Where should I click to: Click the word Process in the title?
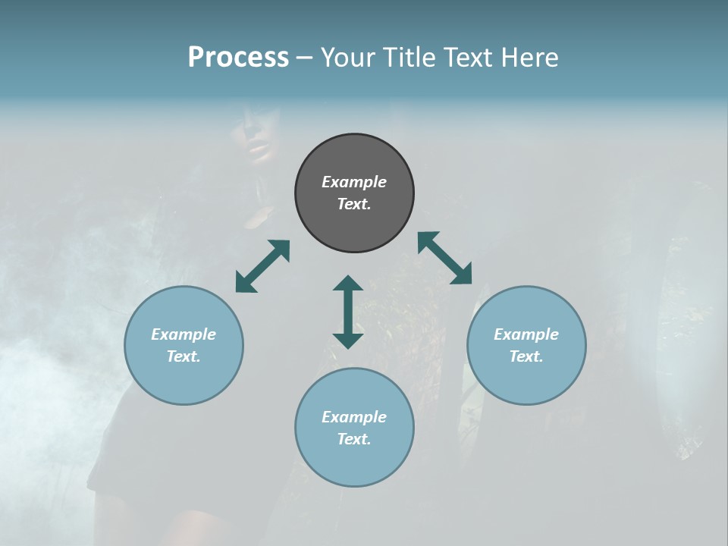(x=238, y=58)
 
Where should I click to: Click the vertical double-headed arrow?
(x=348, y=312)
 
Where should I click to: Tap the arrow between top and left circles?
(x=262, y=266)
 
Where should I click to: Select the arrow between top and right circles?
(x=445, y=258)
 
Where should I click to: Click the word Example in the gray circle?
(x=354, y=182)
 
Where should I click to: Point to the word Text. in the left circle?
(x=184, y=356)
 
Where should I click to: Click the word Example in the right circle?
(x=526, y=334)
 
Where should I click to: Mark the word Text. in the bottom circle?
(x=354, y=439)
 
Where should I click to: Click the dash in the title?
(x=304, y=58)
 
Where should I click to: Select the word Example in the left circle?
(x=184, y=334)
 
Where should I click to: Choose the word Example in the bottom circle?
(x=354, y=417)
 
